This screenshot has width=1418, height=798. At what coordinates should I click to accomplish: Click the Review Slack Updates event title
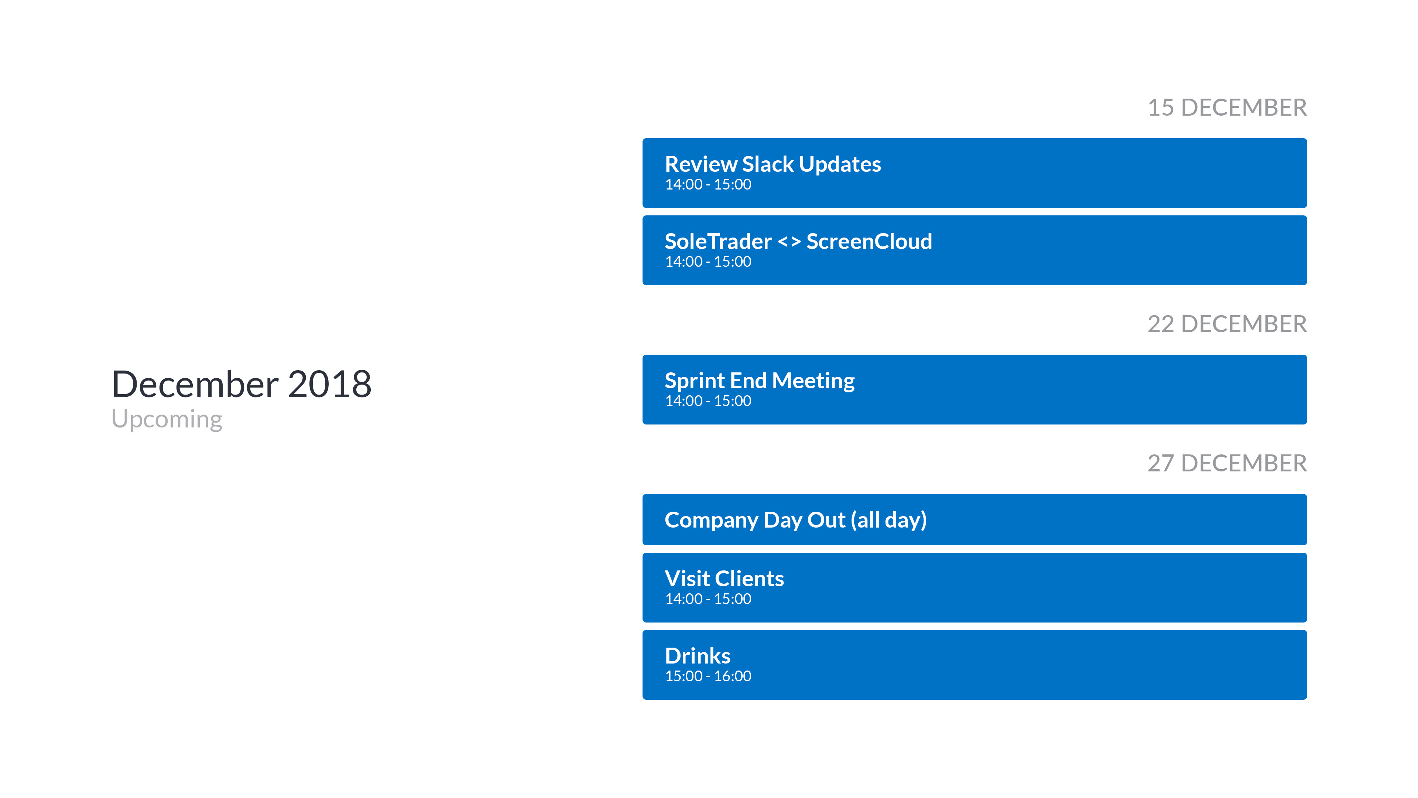[773, 164]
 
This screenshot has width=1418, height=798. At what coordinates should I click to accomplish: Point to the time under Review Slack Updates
[708, 184]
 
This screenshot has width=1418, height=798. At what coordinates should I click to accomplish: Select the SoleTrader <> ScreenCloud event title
[798, 241]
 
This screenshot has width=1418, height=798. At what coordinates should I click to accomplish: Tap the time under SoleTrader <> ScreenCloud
[708, 262]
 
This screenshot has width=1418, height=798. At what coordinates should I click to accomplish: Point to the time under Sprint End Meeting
[708, 401]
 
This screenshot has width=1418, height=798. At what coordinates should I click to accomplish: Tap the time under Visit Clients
[708, 599]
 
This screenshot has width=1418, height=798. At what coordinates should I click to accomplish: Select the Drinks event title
[698, 656]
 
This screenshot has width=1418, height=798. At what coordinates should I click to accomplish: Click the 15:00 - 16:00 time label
[708, 676]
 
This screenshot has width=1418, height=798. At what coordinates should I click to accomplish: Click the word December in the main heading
[195, 384]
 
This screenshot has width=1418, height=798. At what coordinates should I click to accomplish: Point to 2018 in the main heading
[329, 384]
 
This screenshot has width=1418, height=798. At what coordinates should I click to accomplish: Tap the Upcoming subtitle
[167, 420]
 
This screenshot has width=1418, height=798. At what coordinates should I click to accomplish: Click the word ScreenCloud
[869, 241]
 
